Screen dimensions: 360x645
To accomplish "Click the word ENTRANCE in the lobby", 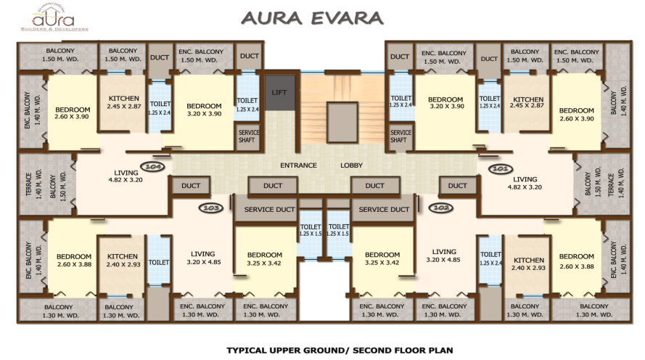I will tap(298, 165).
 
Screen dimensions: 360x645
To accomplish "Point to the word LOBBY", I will tap(352, 165).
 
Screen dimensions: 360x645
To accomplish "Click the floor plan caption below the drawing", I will tap(340, 350).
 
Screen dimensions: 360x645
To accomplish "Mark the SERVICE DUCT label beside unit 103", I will tap(268, 210).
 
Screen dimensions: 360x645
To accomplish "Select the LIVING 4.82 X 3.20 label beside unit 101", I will tap(525, 182).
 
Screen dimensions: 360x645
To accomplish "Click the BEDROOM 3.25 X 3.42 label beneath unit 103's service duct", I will tap(264, 259).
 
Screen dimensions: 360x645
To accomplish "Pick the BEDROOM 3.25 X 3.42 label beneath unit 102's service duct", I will tap(382, 259).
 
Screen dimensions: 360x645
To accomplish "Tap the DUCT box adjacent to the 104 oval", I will tap(191, 186).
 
